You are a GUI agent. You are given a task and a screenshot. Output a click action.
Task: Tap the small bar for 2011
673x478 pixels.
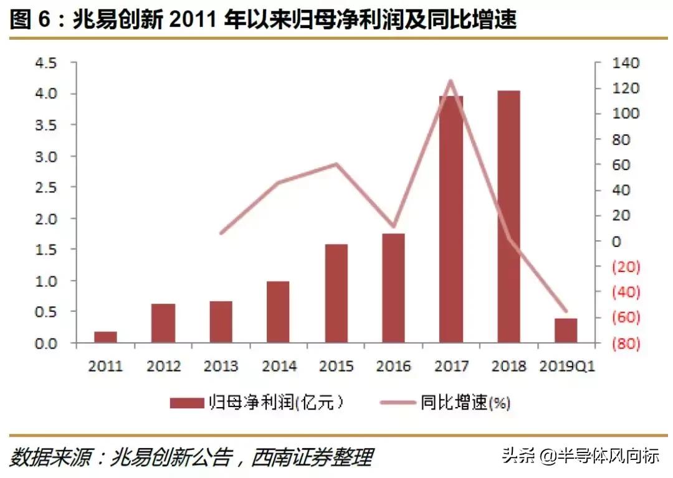click(105, 337)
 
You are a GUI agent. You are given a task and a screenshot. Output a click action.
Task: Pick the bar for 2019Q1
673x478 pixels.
click(566, 330)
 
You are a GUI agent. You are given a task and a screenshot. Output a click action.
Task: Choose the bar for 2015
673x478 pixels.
click(336, 293)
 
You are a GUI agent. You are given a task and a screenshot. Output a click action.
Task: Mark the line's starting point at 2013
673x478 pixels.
click(221, 233)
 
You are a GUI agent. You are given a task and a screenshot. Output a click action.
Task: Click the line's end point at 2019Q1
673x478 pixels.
click(566, 311)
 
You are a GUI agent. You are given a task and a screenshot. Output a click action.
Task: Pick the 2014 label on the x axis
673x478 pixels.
click(279, 366)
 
